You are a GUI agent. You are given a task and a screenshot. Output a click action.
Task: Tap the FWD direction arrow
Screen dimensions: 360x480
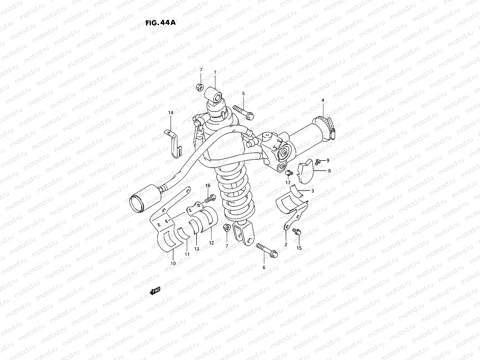(x=154, y=290)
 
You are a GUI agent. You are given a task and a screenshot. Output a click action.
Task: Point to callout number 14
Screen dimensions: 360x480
(x=170, y=112)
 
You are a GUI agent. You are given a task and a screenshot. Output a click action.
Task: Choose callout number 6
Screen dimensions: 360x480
(x=264, y=267)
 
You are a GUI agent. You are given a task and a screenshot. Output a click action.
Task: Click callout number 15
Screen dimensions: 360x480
(x=299, y=248)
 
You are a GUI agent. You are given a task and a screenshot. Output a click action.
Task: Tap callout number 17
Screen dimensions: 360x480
(x=288, y=182)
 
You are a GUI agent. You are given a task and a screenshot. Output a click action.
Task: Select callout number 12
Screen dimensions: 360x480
(x=211, y=243)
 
